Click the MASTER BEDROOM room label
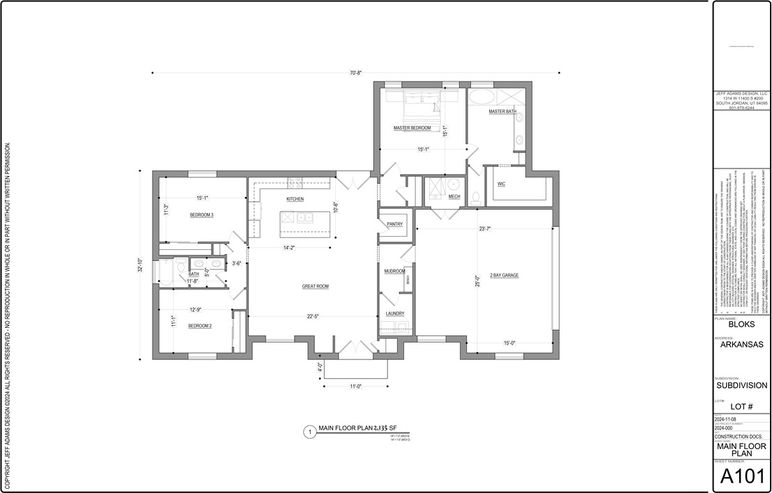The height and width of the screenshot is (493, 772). click(x=412, y=128)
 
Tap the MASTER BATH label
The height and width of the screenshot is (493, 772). click(x=502, y=111)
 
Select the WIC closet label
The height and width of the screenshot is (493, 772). click(x=501, y=184)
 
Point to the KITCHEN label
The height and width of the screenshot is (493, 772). click(x=295, y=199)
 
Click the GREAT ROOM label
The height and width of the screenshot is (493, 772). click(x=315, y=286)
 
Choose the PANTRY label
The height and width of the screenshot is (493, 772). click(x=395, y=224)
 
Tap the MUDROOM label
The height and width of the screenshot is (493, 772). click(x=394, y=271)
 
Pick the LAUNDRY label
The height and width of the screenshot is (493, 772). click(x=395, y=314)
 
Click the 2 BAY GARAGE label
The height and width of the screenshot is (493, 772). click(x=504, y=275)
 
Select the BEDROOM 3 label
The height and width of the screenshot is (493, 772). click(x=201, y=215)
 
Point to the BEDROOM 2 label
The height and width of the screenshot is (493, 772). click(x=200, y=325)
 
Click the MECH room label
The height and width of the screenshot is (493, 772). click(x=454, y=196)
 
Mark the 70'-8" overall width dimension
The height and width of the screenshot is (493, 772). click(x=355, y=72)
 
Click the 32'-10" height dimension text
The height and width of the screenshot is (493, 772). click(x=141, y=265)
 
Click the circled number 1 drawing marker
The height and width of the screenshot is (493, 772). click(x=308, y=432)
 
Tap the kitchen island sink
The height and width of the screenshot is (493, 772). click(x=305, y=218)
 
